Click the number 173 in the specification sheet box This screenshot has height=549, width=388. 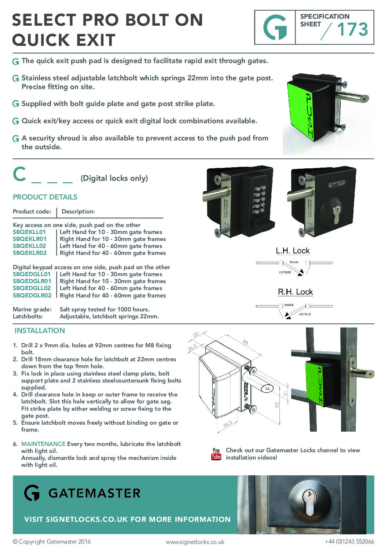(x=352, y=30)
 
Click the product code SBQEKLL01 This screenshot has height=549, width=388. (x=29, y=232)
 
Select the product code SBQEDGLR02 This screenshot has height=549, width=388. (x=32, y=296)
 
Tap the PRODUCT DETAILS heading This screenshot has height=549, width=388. (x=45, y=197)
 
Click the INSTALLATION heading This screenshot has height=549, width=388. (x=40, y=331)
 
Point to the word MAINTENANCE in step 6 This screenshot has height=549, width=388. (x=43, y=444)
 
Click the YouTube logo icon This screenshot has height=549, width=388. (x=216, y=454)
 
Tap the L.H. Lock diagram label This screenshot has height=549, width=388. (x=293, y=251)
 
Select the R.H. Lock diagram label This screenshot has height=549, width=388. (x=295, y=292)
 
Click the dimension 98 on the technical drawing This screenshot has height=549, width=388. (x=245, y=343)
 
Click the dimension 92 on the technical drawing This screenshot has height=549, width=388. (x=277, y=405)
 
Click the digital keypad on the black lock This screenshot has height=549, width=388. (x=259, y=200)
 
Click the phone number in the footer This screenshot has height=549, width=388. (x=349, y=542)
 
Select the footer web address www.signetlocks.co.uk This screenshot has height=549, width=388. (x=195, y=542)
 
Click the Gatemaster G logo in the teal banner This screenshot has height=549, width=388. (x=32, y=493)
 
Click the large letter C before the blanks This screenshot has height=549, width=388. (x=19, y=175)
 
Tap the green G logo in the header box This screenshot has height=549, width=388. (x=275, y=28)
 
